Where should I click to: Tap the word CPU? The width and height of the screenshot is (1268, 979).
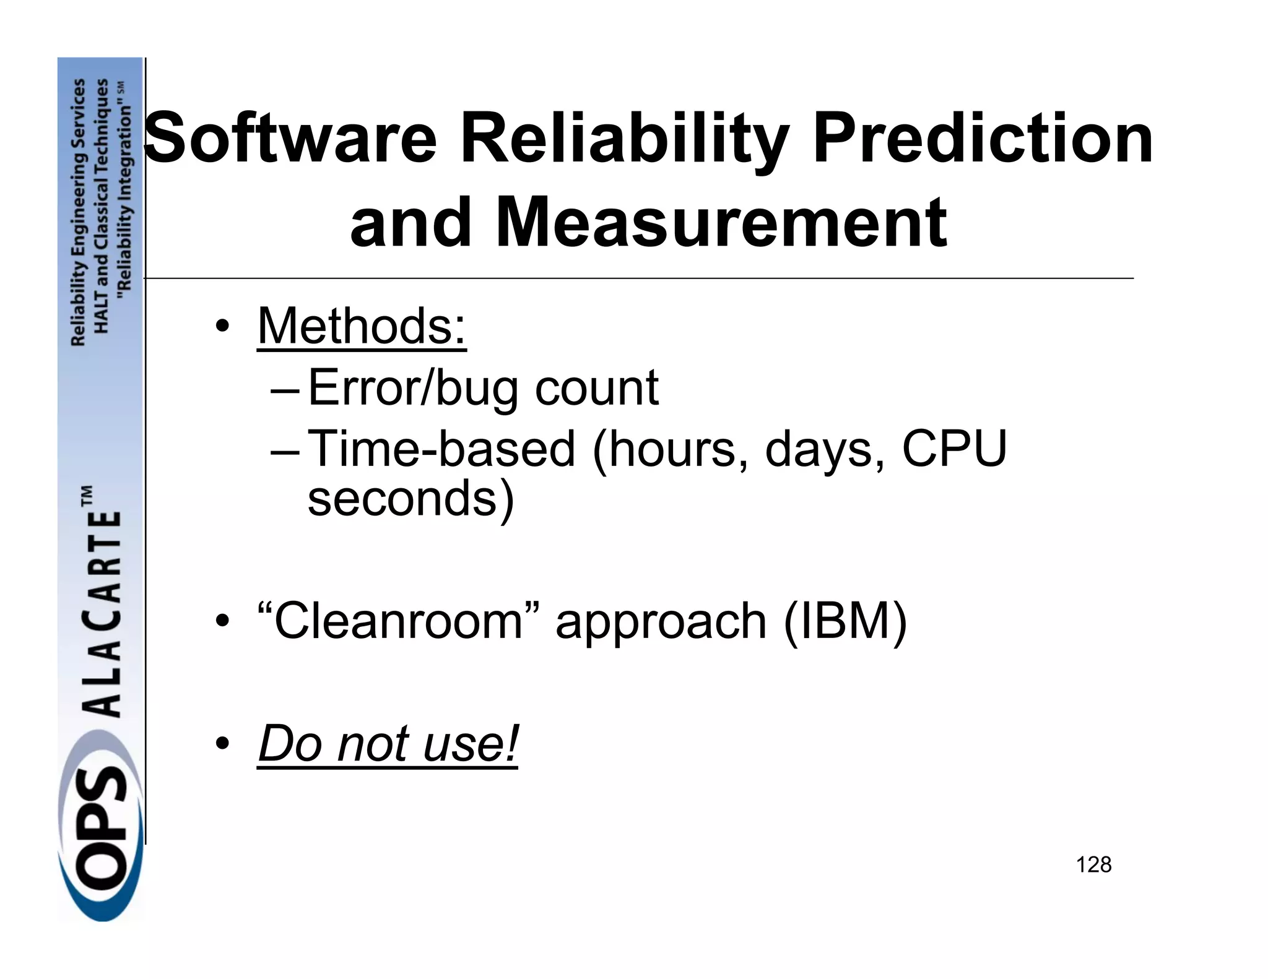pos(954,449)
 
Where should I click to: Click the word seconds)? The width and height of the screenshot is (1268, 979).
pos(410,499)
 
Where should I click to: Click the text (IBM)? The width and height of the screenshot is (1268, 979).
pos(845,621)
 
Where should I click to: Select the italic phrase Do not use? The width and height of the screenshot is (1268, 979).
pos(388,743)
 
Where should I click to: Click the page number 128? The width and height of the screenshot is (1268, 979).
pos(1093,865)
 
